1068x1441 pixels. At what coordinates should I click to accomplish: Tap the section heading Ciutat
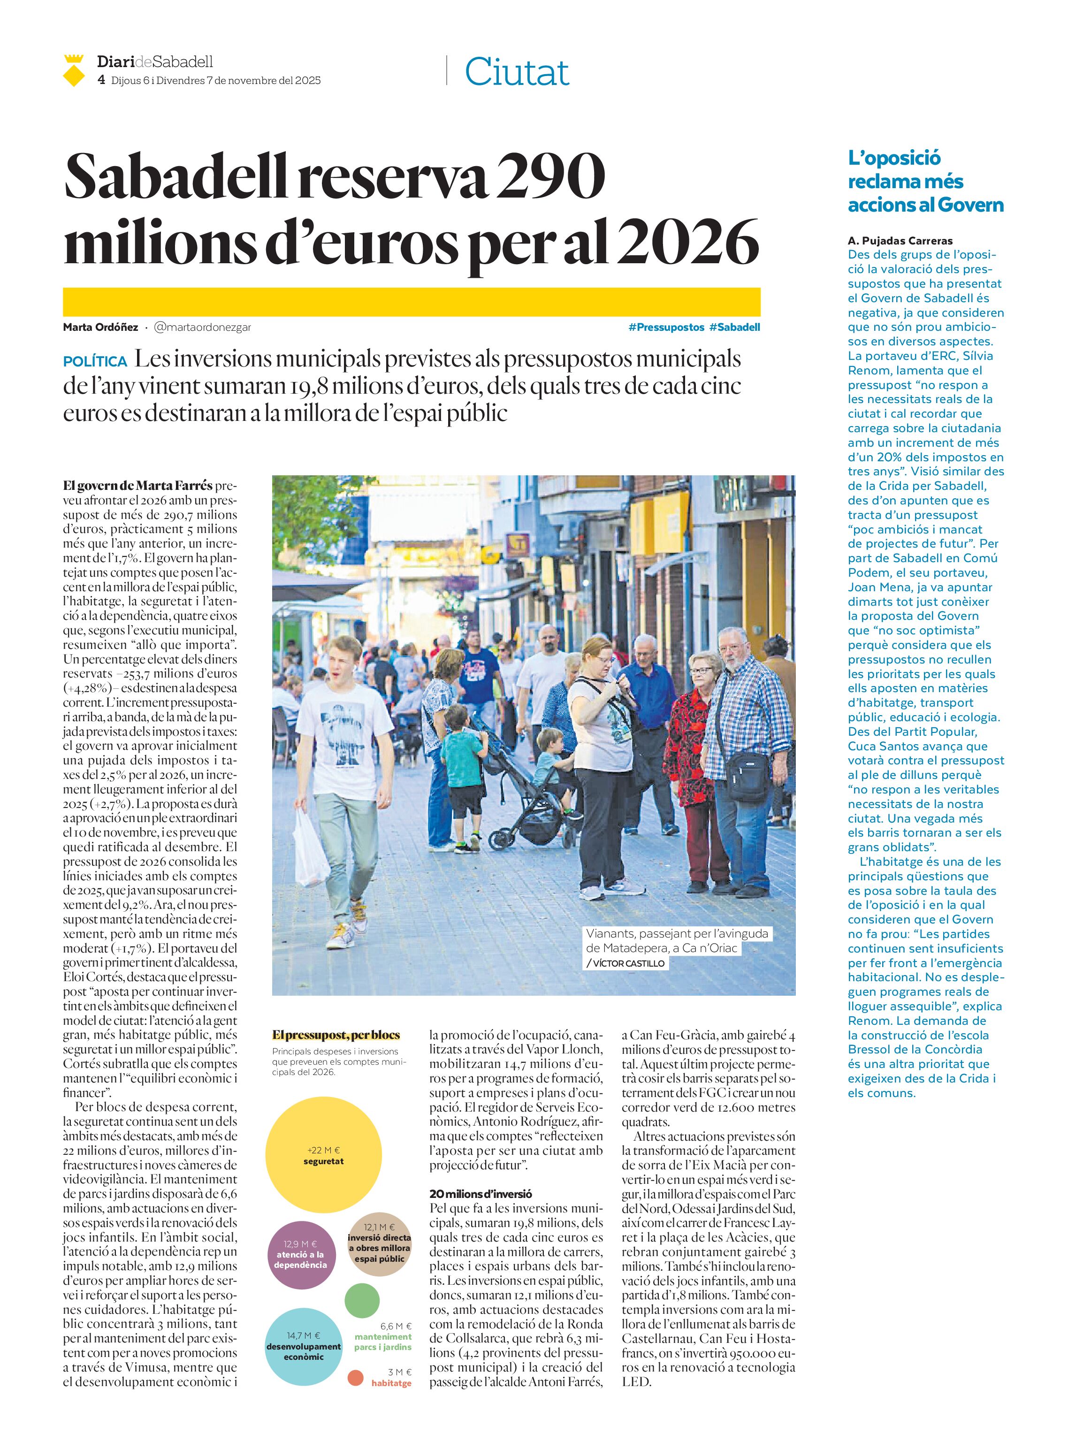pyautogui.click(x=517, y=72)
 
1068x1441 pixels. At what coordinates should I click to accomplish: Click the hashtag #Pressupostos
pyautogui.click(x=666, y=327)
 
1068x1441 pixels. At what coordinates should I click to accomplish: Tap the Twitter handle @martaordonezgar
pyautogui.click(x=202, y=327)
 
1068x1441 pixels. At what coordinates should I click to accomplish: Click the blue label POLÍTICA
pyautogui.click(x=95, y=361)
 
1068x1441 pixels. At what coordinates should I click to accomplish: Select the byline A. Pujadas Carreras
pyautogui.click(x=900, y=241)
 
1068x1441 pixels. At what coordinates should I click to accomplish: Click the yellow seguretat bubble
pyautogui.click(x=323, y=1155)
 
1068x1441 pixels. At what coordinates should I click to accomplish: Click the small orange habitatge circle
pyautogui.click(x=356, y=1378)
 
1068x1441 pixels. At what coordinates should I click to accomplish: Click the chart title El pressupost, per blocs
pyautogui.click(x=336, y=1035)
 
